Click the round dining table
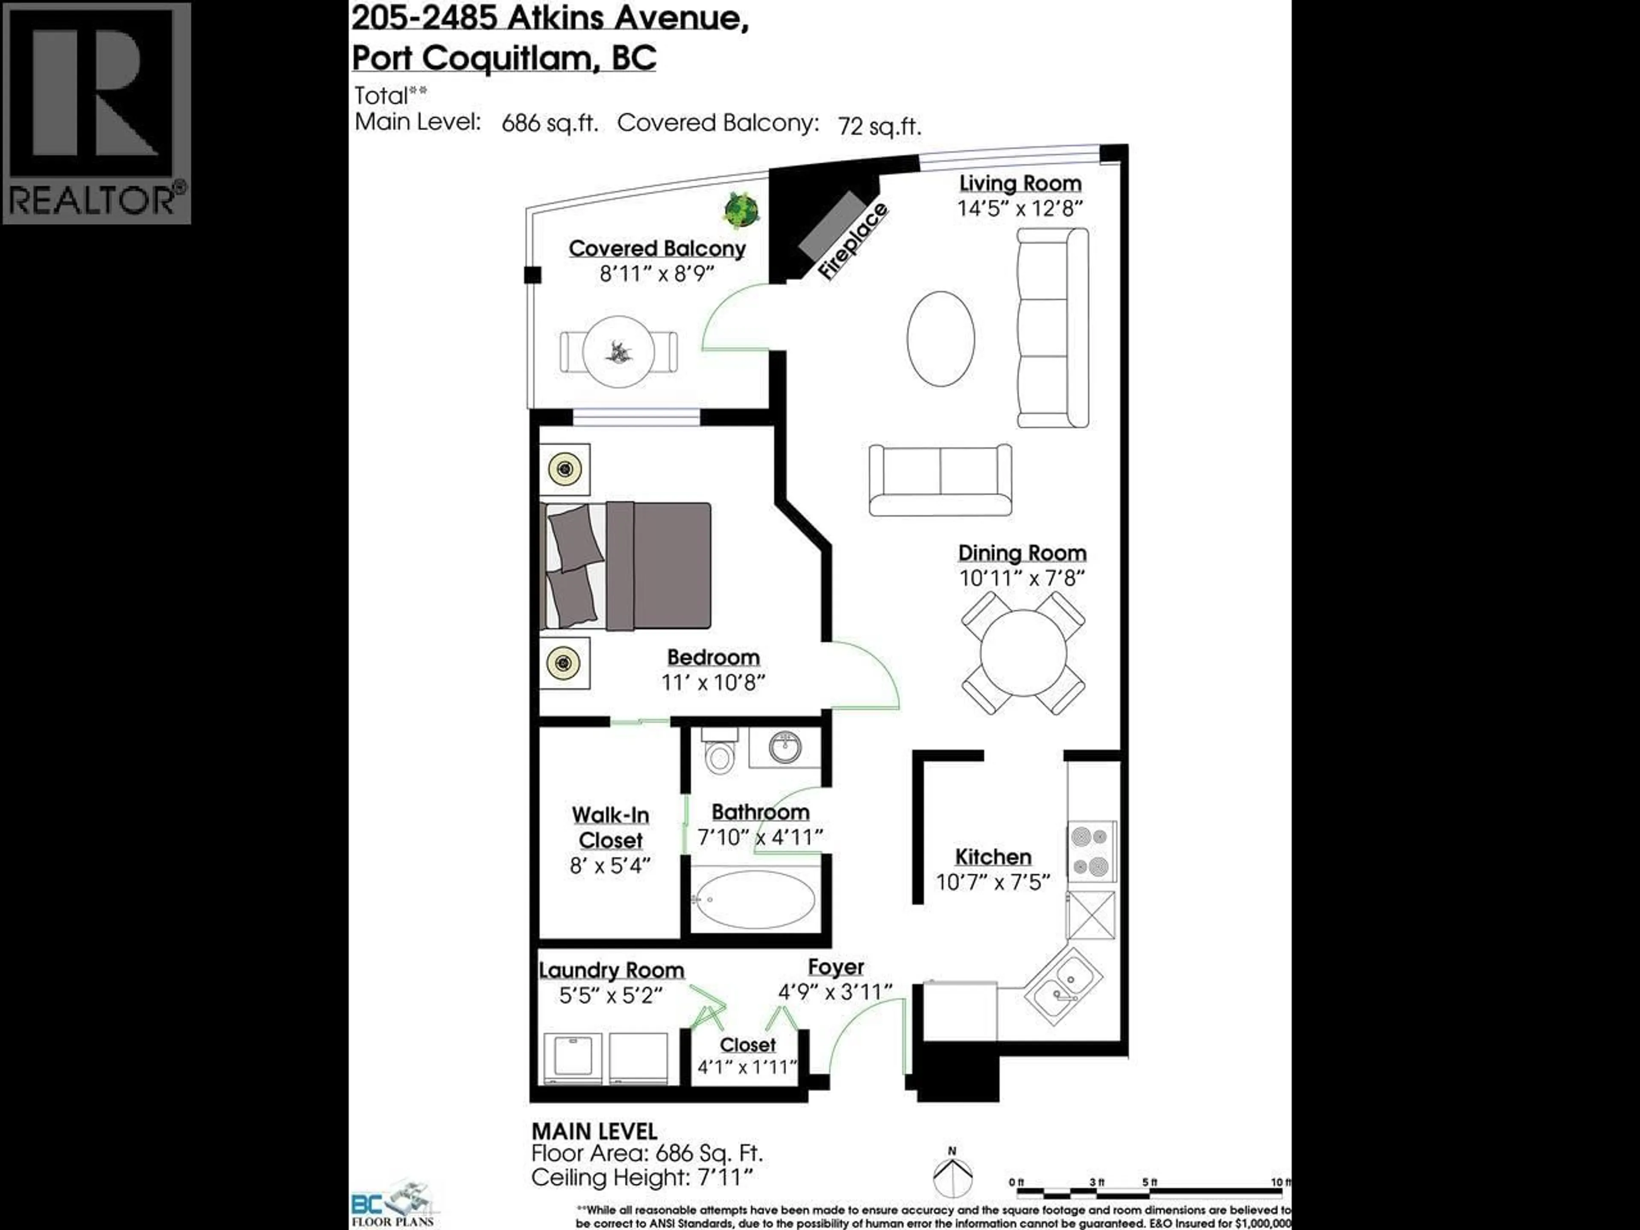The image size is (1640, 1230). point(1023,653)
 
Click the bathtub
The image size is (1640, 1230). point(755,899)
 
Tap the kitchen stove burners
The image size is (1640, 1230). point(1091,851)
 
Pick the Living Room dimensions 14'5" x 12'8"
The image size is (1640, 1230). point(1020,208)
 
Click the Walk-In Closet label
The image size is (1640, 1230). point(610,827)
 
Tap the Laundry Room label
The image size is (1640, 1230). point(611,970)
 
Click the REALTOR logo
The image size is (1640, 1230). point(97,113)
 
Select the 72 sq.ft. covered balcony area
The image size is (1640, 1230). point(879,126)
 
